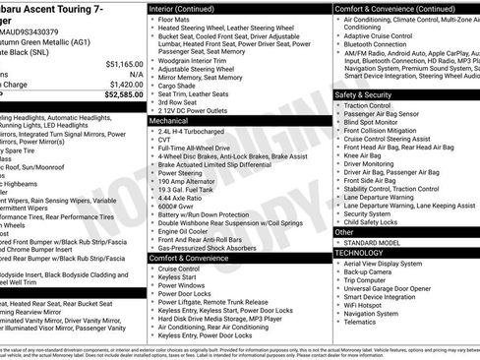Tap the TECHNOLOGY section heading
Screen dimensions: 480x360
[x=360, y=252]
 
